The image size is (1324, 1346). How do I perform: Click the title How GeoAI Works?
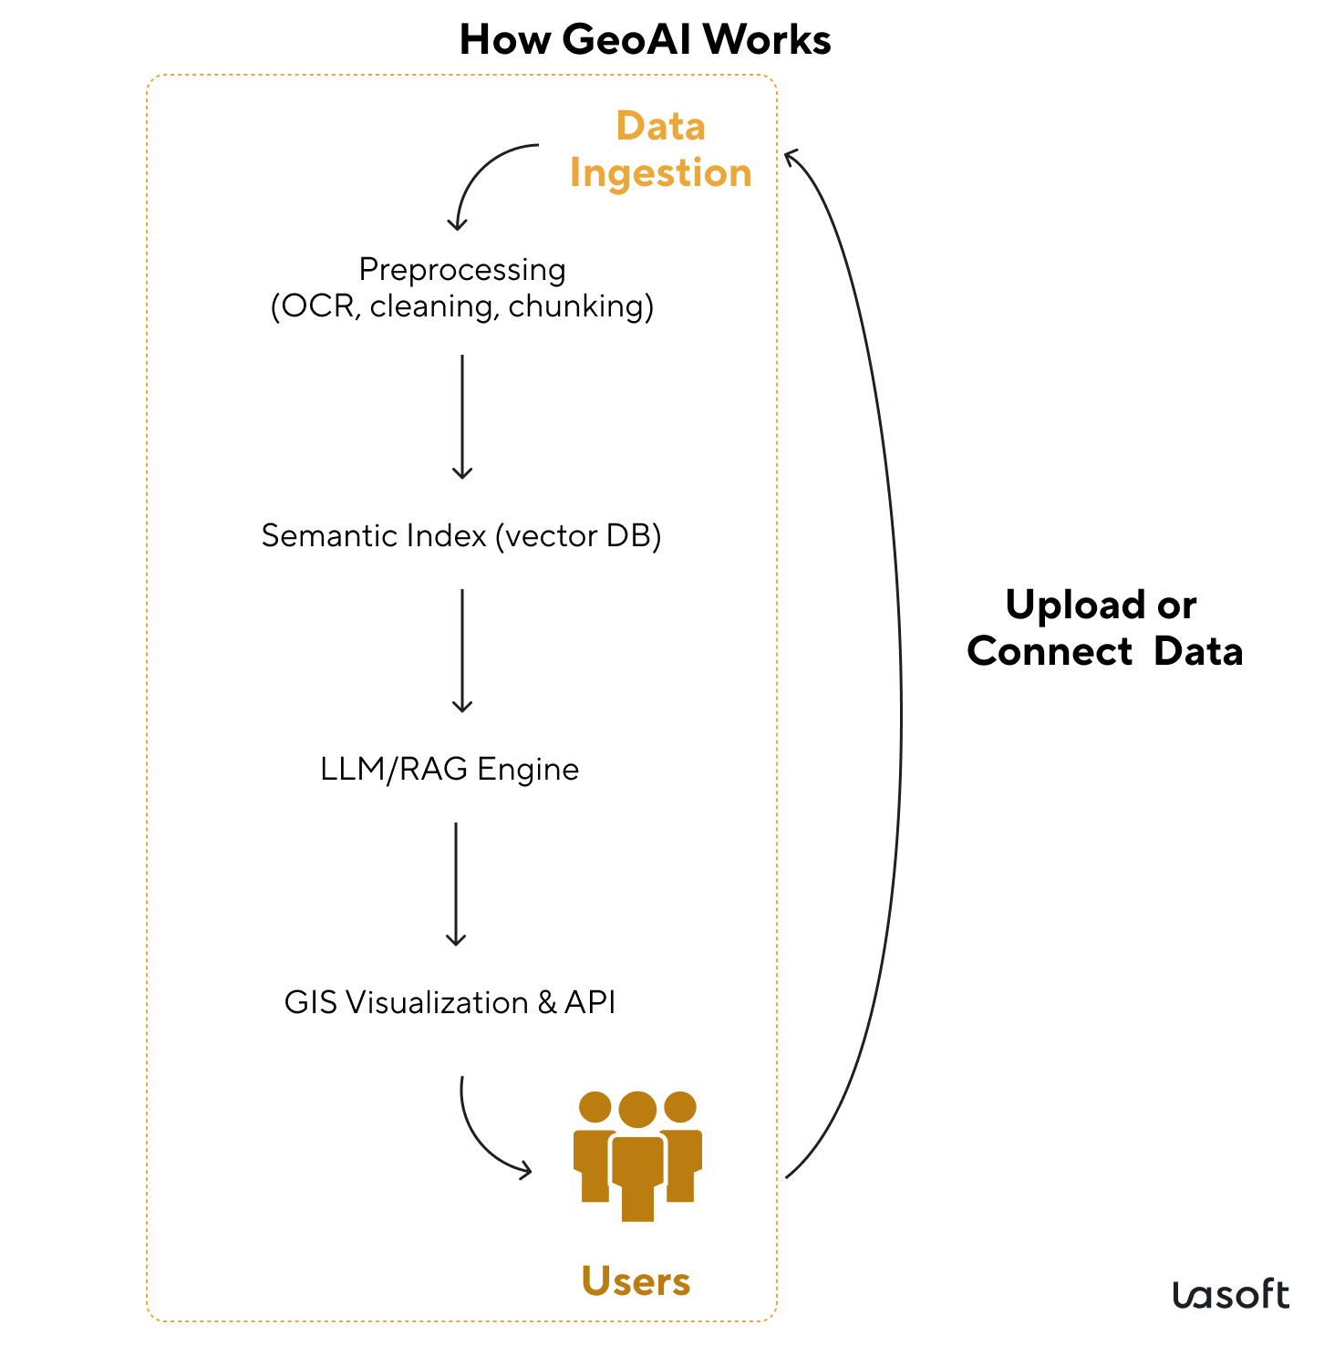click(x=645, y=40)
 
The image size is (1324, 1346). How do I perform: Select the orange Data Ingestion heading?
click(x=660, y=150)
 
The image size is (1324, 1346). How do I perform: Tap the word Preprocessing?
click(x=462, y=270)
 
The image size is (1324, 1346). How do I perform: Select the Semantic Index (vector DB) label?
click(x=461, y=535)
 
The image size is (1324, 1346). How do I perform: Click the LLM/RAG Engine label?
click(x=450, y=769)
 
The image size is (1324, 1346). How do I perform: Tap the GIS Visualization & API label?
click(x=450, y=1002)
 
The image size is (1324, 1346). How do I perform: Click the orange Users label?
click(x=636, y=1281)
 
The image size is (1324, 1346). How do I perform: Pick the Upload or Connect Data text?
click(x=1104, y=628)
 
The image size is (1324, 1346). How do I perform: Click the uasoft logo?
click(x=1230, y=1295)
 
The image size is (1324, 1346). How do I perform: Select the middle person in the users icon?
click(x=637, y=1158)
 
